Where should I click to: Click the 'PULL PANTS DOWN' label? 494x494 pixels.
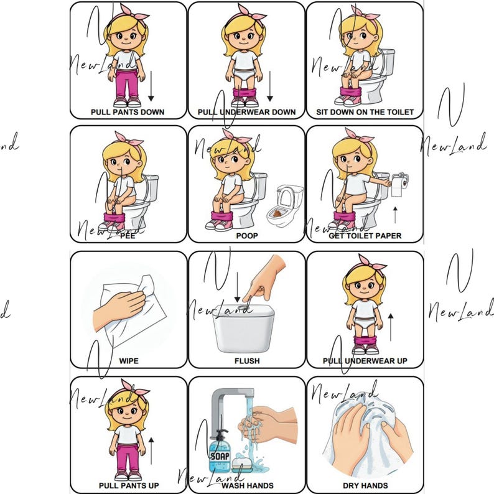pyautogui.click(x=128, y=112)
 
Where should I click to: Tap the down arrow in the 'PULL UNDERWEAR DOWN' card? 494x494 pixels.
pyautogui.click(x=270, y=87)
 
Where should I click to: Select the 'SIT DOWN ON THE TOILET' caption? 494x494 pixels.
pyautogui.click(x=365, y=112)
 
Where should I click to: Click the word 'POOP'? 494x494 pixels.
pyautogui.click(x=246, y=236)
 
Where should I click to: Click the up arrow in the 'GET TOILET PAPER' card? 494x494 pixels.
pyautogui.click(x=394, y=215)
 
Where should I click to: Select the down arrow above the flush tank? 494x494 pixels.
pyautogui.click(x=237, y=287)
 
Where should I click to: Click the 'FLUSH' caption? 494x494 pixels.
pyautogui.click(x=246, y=360)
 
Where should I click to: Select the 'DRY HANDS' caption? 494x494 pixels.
pyautogui.click(x=365, y=485)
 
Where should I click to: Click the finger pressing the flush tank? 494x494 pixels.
pyautogui.click(x=249, y=297)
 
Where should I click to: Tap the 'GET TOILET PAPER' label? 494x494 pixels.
pyautogui.click(x=365, y=236)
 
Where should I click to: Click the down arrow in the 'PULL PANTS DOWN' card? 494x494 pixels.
pyautogui.click(x=151, y=87)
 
